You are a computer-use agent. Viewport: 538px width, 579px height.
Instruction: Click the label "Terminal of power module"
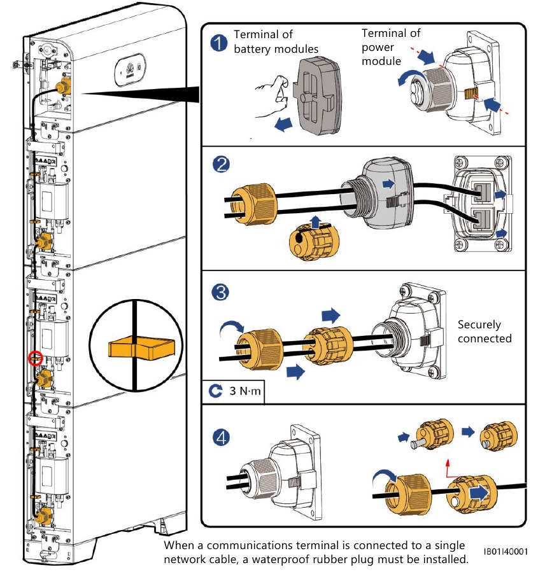(391, 47)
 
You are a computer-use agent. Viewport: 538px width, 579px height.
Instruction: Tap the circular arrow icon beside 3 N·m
(215, 391)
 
